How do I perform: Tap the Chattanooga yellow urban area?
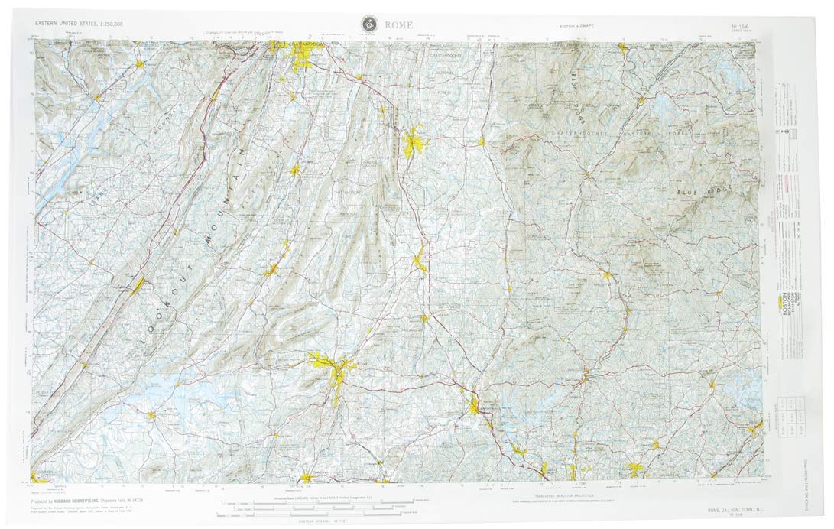[x=300, y=54]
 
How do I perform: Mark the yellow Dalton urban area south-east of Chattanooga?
[x=414, y=142]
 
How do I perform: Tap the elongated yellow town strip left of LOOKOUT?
[x=138, y=286]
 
